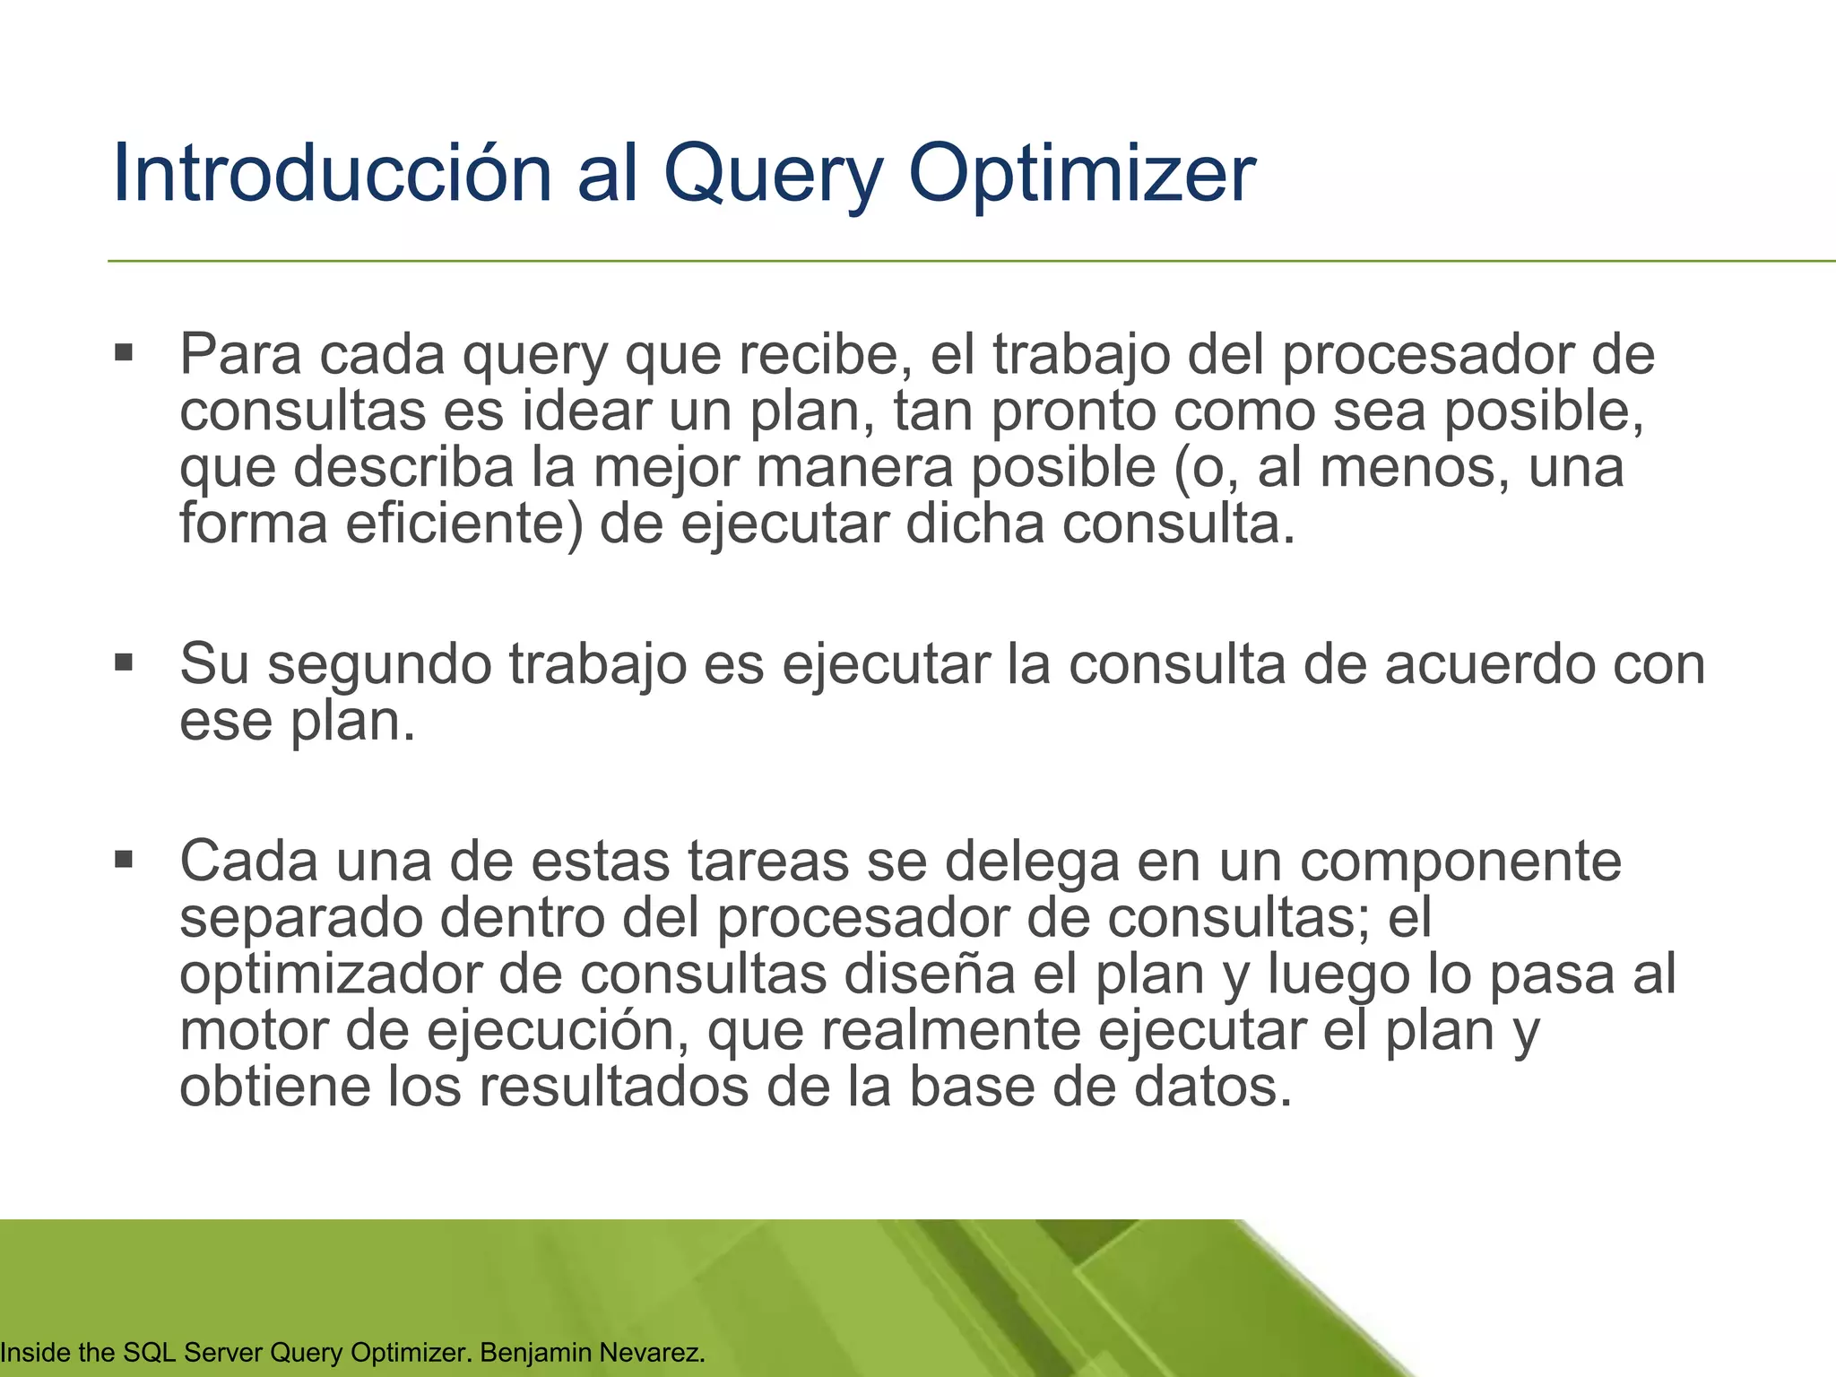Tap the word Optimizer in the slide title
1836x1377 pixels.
click(1082, 175)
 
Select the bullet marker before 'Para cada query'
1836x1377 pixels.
click(124, 351)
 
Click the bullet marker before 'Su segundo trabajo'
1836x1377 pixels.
click(124, 663)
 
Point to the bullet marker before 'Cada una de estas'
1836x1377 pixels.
click(124, 860)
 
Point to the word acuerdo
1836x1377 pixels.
click(1487, 664)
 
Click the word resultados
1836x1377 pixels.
click(614, 1087)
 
